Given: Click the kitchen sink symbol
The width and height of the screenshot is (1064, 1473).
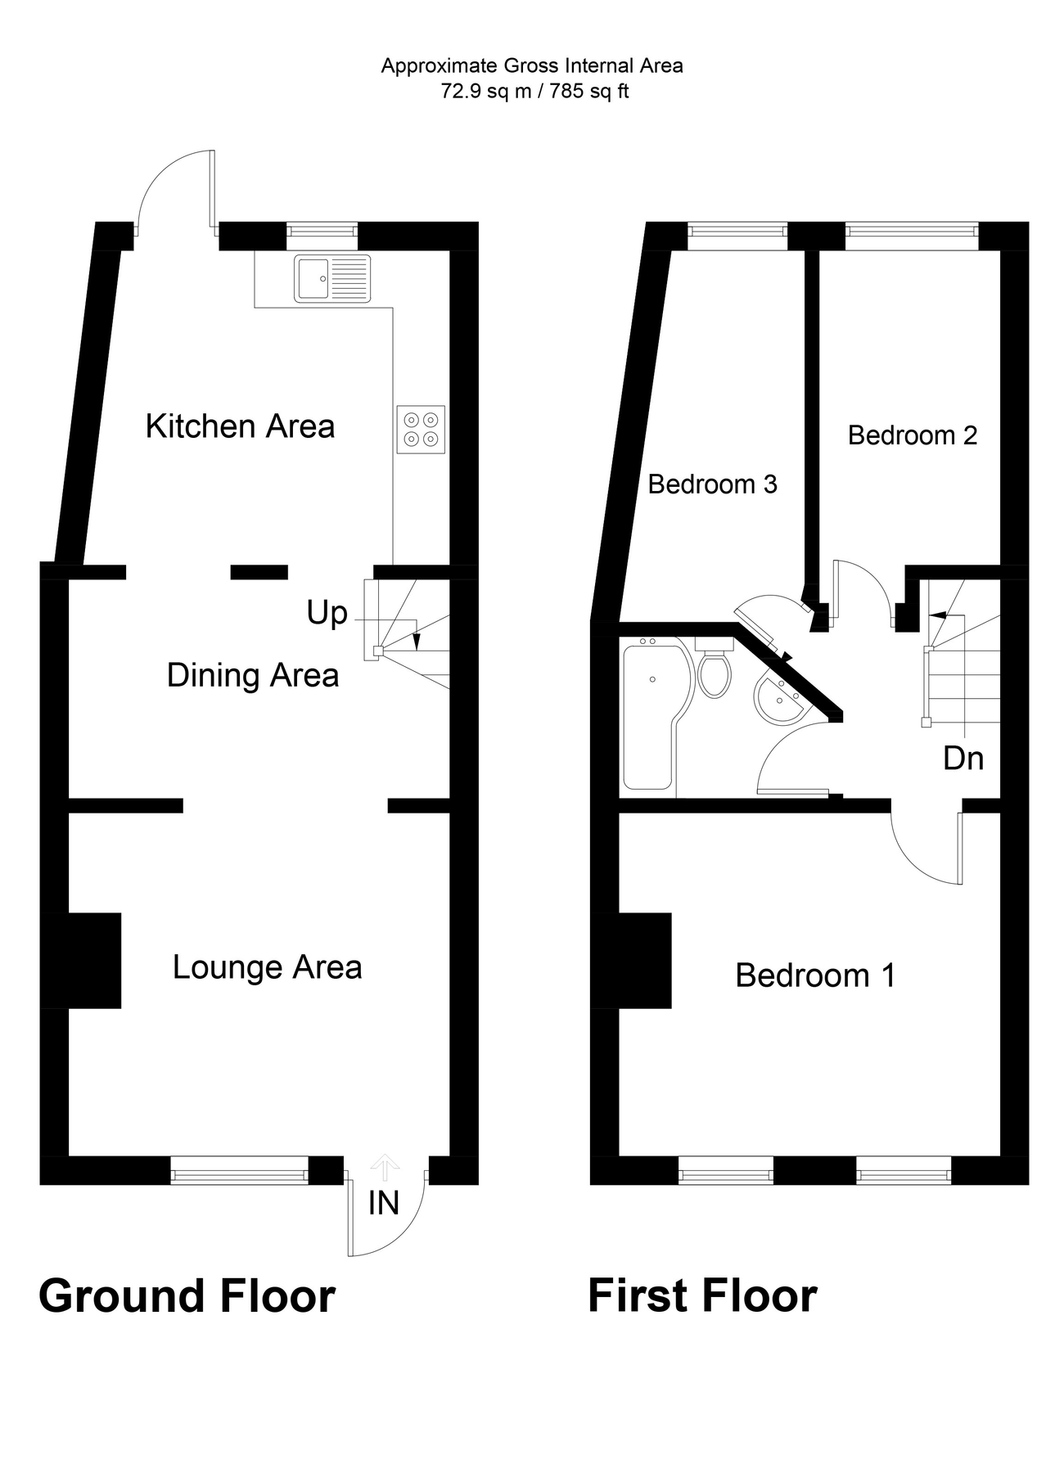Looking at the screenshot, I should [x=333, y=278].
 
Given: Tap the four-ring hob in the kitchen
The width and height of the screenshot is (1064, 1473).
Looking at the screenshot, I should [x=422, y=429].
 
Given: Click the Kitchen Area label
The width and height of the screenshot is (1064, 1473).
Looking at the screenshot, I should [x=240, y=426].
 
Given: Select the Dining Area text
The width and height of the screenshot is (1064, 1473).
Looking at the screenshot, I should [x=252, y=676].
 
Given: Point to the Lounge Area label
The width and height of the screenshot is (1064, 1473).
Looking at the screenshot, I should [x=267, y=967].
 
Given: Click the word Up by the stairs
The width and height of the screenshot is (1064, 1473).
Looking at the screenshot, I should [x=327, y=612].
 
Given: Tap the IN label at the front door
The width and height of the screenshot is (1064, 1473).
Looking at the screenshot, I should [x=383, y=1203].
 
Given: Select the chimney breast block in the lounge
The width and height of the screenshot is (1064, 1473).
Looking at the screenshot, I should [x=93, y=960].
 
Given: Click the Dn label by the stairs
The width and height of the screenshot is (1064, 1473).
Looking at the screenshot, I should [x=963, y=759].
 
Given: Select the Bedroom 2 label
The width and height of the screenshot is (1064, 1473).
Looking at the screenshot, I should [x=912, y=435].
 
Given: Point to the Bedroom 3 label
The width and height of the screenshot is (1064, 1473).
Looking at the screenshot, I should [x=712, y=484].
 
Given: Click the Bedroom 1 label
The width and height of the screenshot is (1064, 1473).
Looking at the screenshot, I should [x=815, y=975].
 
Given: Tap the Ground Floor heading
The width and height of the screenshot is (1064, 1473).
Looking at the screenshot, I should [x=187, y=1296].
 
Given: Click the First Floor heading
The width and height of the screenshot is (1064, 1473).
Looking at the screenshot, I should [x=702, y=1296].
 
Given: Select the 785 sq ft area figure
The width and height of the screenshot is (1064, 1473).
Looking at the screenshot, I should [x=588, y=91].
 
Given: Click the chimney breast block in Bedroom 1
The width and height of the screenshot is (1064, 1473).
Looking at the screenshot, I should [x=644, y=960].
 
